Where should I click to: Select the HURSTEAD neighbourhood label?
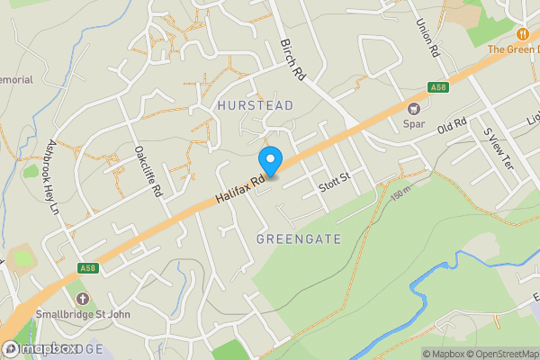tap(256, 105)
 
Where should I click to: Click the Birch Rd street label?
tap(293, 61)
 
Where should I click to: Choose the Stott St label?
tap(333, 184)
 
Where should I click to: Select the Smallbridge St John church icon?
tap(83, 299)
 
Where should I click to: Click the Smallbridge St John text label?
tap(83, 314)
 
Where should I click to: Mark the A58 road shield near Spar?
tap(438, 87)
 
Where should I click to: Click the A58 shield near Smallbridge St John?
tap(88, 268)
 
